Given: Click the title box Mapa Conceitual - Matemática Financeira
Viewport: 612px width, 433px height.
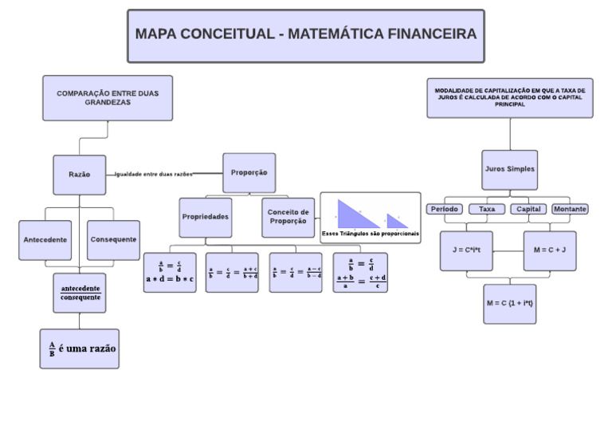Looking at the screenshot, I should (x=306, y=36).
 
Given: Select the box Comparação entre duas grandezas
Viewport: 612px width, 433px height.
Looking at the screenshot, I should (x=108, y=98).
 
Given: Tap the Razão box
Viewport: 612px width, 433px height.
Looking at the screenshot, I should (x=80, y=175).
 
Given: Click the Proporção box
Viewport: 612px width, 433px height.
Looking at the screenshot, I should (x=249, y=172).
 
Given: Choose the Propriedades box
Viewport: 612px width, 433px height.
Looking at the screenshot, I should (x=206, y=217).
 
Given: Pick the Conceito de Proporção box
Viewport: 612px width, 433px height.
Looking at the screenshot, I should (x=288, y=217).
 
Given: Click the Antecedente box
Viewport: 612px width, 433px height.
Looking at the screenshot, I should (x=45, y=239).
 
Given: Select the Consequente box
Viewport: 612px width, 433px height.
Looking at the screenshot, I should (x=113, y=239).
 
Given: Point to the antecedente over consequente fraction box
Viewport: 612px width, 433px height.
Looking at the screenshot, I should (x=80, y=293).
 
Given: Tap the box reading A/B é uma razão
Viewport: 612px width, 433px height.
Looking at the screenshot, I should (x=80, y=348).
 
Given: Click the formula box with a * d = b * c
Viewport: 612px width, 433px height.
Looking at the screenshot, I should (x=170, y=273).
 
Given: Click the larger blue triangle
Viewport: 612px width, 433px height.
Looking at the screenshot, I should (x=355, y=215).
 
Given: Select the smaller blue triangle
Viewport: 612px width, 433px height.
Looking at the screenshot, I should (x=396, y=221).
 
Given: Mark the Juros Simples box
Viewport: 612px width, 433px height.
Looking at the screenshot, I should (x=509, y=170).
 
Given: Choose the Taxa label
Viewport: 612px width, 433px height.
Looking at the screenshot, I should (x=486, y=209).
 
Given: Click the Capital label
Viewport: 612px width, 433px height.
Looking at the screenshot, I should (x=528, y=209).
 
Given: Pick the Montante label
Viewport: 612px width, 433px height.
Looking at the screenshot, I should (x=570, y=209).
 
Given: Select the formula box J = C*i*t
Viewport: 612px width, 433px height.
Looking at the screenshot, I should (x=466, y=250).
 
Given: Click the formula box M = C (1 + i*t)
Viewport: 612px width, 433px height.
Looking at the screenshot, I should (x=509, y=304).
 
